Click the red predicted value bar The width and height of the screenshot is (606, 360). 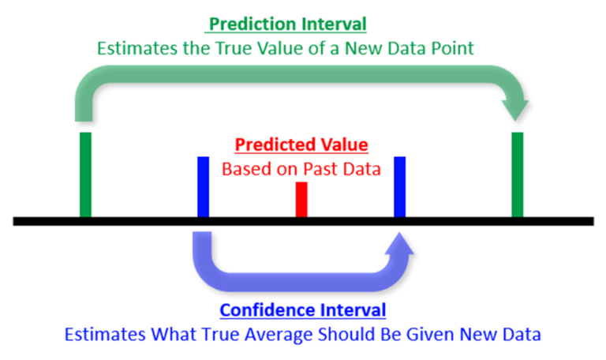[x=301, y=200]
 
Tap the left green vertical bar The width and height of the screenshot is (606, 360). [x=85, y=174]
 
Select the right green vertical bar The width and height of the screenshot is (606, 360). [x=517, y=174]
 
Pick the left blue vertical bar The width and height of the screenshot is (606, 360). [x=204, y=187]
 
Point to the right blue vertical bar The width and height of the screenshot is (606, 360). [x=399, y=187]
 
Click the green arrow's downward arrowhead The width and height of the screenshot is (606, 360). [x=514, y=110]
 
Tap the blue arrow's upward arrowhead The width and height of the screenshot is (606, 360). [x=400, y=244]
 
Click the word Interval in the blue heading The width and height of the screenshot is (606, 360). [x=353, y=310]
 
